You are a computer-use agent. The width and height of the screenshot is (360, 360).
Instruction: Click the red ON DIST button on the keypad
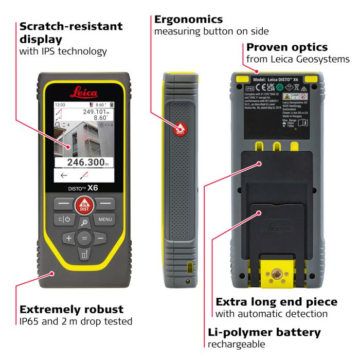click(x=83, y=206)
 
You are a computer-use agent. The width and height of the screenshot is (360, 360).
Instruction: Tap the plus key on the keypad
click(x=68, y=238)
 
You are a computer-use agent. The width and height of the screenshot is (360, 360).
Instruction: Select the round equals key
click(x=84, y=238)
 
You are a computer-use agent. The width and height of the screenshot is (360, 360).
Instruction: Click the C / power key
click(x=63, y=220)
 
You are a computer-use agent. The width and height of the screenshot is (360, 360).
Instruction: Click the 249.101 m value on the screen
click(x=96, y=112)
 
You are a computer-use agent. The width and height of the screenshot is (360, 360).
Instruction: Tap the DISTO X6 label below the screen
click(x=83, y=188)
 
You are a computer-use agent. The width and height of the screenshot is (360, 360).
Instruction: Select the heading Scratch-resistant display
click(x=71, y=32)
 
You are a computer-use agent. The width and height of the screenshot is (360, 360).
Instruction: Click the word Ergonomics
click(x=188, y=20)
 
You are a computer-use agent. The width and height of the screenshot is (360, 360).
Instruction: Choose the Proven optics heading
click(x=287, y=47)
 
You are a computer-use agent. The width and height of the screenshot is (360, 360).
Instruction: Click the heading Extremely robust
click(x=71, y=309)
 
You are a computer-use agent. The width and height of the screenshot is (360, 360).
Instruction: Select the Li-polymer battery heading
click(x=264, y=332)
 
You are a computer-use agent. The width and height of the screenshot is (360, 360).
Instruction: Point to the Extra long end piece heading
click(x=276, y=302)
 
